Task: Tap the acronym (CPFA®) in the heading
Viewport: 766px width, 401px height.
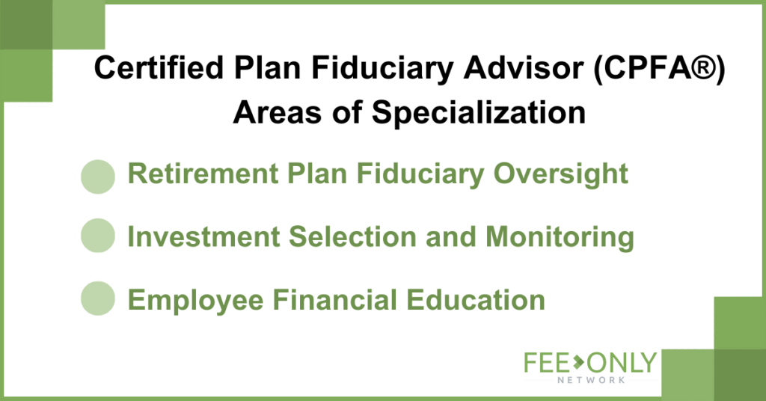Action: [x=660, y=68]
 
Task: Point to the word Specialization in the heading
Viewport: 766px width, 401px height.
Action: [x=479, y=113]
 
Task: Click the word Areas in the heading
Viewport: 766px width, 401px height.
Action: [x=278, y=112]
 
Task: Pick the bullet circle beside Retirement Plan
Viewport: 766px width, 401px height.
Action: [x=98, y=177]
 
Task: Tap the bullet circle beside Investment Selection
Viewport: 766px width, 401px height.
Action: [x=98, y=236]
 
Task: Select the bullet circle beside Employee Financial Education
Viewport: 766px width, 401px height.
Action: [x=98, y=299]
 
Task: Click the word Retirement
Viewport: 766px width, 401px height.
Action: [x=203, y=174]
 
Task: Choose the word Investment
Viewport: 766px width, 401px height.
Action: [x=203, y=236]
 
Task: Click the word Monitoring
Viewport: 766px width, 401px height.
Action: [x=560, y=238]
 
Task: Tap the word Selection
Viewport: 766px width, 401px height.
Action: [x=353, y=236]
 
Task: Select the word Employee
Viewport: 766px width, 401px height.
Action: [x=195, y=301]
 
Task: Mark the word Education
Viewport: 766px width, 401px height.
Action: [x=476, y=300]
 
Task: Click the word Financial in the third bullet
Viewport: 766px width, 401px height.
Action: [x=334, y=299]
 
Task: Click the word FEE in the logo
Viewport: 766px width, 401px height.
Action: [x=547, y=363]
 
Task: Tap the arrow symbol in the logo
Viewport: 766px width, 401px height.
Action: [x=578, y=362]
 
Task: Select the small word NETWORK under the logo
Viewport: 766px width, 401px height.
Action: [x=591, y=380]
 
